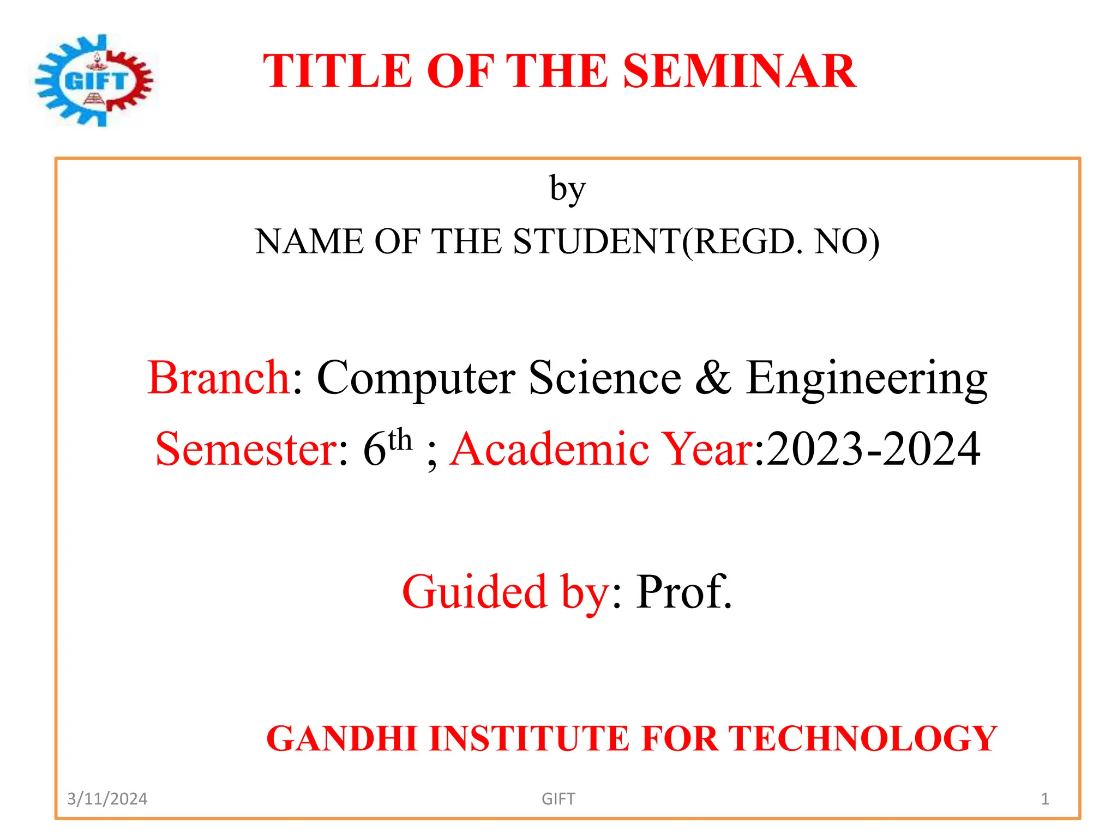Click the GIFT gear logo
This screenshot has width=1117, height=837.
(94, 81)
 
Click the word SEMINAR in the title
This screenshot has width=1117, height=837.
(739, 71)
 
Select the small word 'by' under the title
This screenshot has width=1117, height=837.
(567, 190)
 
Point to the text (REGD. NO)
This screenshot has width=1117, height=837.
(781, 241)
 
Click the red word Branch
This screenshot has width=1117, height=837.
(218, 378)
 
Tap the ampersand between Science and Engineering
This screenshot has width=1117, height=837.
(713, 378)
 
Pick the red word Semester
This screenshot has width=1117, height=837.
(247, 449)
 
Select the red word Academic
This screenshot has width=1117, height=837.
(550, 449)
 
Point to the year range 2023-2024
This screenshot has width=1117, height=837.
(873, 449)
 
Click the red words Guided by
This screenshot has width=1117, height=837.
(505, 592)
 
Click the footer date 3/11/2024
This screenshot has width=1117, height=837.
(107, 799)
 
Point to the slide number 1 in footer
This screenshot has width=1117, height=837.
(1045, 799)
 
